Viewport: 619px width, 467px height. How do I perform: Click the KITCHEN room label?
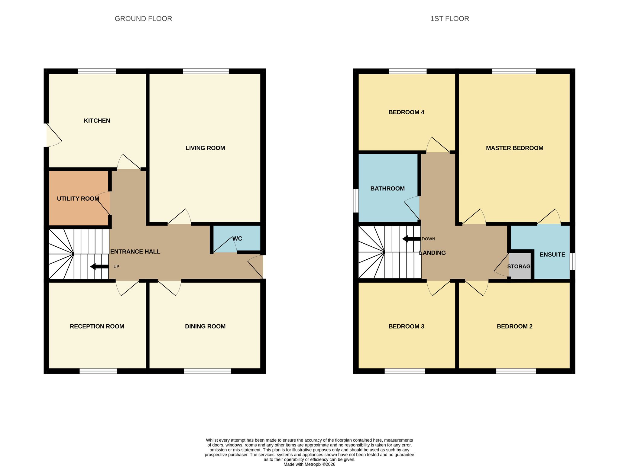97,121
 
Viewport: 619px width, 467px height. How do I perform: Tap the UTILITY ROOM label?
78,199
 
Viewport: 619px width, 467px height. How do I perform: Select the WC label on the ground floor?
237,238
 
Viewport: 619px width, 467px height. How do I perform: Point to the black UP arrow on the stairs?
99,267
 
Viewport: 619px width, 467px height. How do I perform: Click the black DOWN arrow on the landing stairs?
411,239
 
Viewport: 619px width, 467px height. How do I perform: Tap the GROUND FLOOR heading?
143,19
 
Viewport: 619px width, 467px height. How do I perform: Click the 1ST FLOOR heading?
450,19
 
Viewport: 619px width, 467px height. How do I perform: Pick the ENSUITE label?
552,255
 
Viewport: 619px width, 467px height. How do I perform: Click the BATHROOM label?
387,189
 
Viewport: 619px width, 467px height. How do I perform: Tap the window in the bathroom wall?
356,201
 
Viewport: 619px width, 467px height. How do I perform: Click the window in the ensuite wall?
572,261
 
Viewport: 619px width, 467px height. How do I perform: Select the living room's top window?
206,71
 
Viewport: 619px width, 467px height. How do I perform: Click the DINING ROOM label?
205,326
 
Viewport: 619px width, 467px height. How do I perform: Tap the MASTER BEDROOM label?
514,148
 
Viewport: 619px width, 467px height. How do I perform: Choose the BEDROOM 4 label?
406,112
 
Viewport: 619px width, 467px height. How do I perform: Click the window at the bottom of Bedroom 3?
405,371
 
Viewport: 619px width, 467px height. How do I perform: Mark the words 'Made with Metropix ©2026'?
309,464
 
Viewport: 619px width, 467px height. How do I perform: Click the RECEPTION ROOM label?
97,326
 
